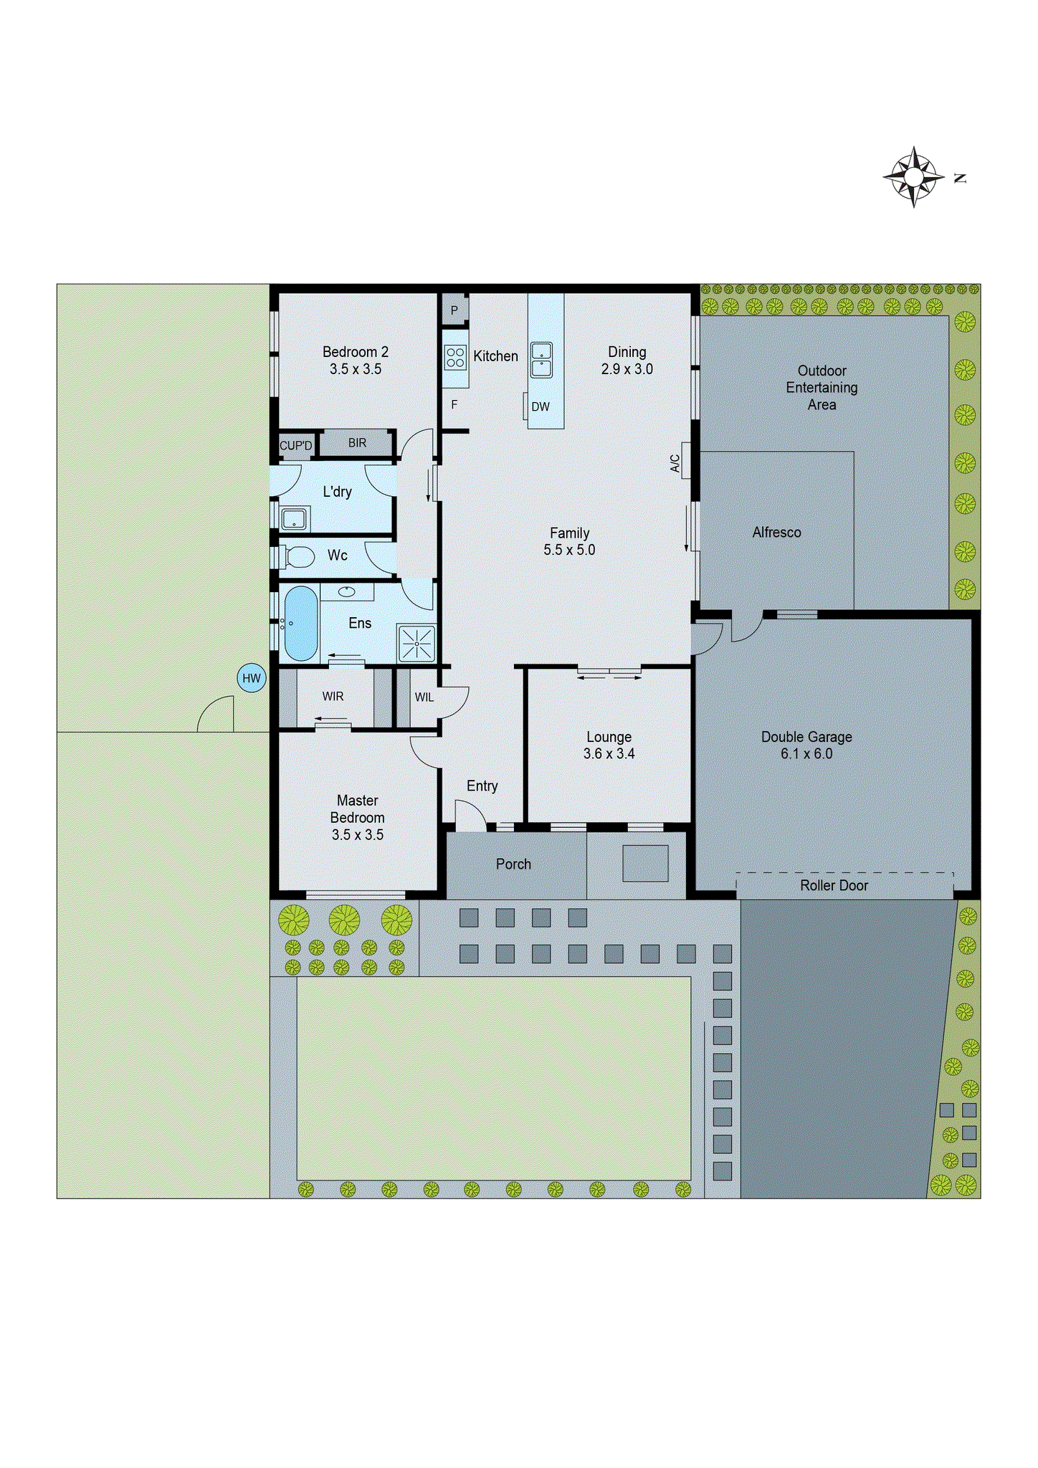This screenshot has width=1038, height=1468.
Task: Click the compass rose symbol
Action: click(913, 176)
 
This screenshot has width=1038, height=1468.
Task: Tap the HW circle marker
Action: click(251, 678)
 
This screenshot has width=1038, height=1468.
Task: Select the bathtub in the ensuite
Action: click(301, 624)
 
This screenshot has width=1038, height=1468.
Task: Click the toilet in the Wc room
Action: click(300, 556)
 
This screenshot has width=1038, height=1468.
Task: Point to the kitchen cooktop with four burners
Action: click(455, 357)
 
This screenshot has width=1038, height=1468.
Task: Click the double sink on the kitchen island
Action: click(541, 360)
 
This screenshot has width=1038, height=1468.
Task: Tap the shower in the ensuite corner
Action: click(416, 643)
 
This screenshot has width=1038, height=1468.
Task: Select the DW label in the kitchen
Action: click(541, 406)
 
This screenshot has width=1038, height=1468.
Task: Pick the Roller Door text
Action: click(834, 885)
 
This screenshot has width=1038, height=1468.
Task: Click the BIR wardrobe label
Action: click(357, 443)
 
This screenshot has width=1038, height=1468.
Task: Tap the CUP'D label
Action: click(295, 446)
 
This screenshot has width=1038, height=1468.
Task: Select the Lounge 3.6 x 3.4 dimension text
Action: click(609, 753)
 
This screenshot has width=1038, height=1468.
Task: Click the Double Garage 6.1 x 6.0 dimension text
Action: click(806, 753)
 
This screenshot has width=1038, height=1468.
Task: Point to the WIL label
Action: click(424, 697)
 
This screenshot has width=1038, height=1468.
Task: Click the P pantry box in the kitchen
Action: click(454, 310)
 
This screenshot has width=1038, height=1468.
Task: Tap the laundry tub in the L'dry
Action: click(294, 518)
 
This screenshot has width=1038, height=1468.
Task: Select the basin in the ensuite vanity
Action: click(347, 591)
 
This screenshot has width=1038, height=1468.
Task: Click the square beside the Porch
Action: click(645, 863)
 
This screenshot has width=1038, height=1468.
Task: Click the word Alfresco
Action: click(776, 533)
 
